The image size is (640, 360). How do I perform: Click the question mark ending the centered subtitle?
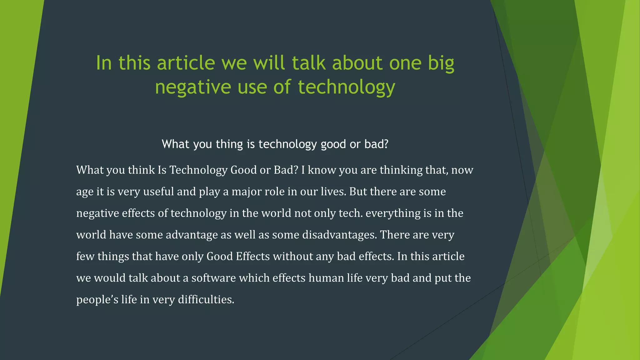coord(386,144)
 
